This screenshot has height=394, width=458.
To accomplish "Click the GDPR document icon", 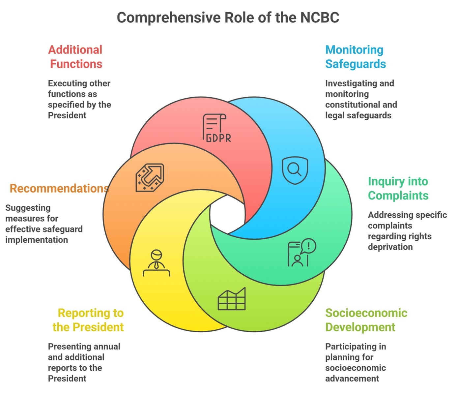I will pos(216,128).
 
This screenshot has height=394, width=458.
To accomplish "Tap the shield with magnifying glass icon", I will pos(295,170).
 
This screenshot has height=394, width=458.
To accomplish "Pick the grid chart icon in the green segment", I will pos(232,299).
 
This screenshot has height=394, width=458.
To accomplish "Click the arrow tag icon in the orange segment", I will pos(150,177).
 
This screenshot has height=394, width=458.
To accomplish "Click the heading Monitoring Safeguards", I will pos(355,57).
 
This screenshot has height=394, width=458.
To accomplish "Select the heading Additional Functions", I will pos(75,57).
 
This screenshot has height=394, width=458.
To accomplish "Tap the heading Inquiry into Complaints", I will pos(398,188).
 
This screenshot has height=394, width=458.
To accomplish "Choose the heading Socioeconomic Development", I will pos(366,320).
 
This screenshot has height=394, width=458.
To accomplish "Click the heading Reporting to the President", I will pos(88,320).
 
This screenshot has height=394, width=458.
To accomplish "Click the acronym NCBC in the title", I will pos(319,17).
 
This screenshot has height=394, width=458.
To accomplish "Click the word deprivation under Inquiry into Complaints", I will pos(390,247).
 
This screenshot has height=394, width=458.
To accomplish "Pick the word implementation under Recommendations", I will pos(37,240).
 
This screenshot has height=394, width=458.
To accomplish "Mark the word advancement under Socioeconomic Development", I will pos(352,379).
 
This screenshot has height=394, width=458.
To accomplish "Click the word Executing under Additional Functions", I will pos(63,83).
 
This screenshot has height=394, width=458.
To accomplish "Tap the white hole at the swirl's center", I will pos(227,214).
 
